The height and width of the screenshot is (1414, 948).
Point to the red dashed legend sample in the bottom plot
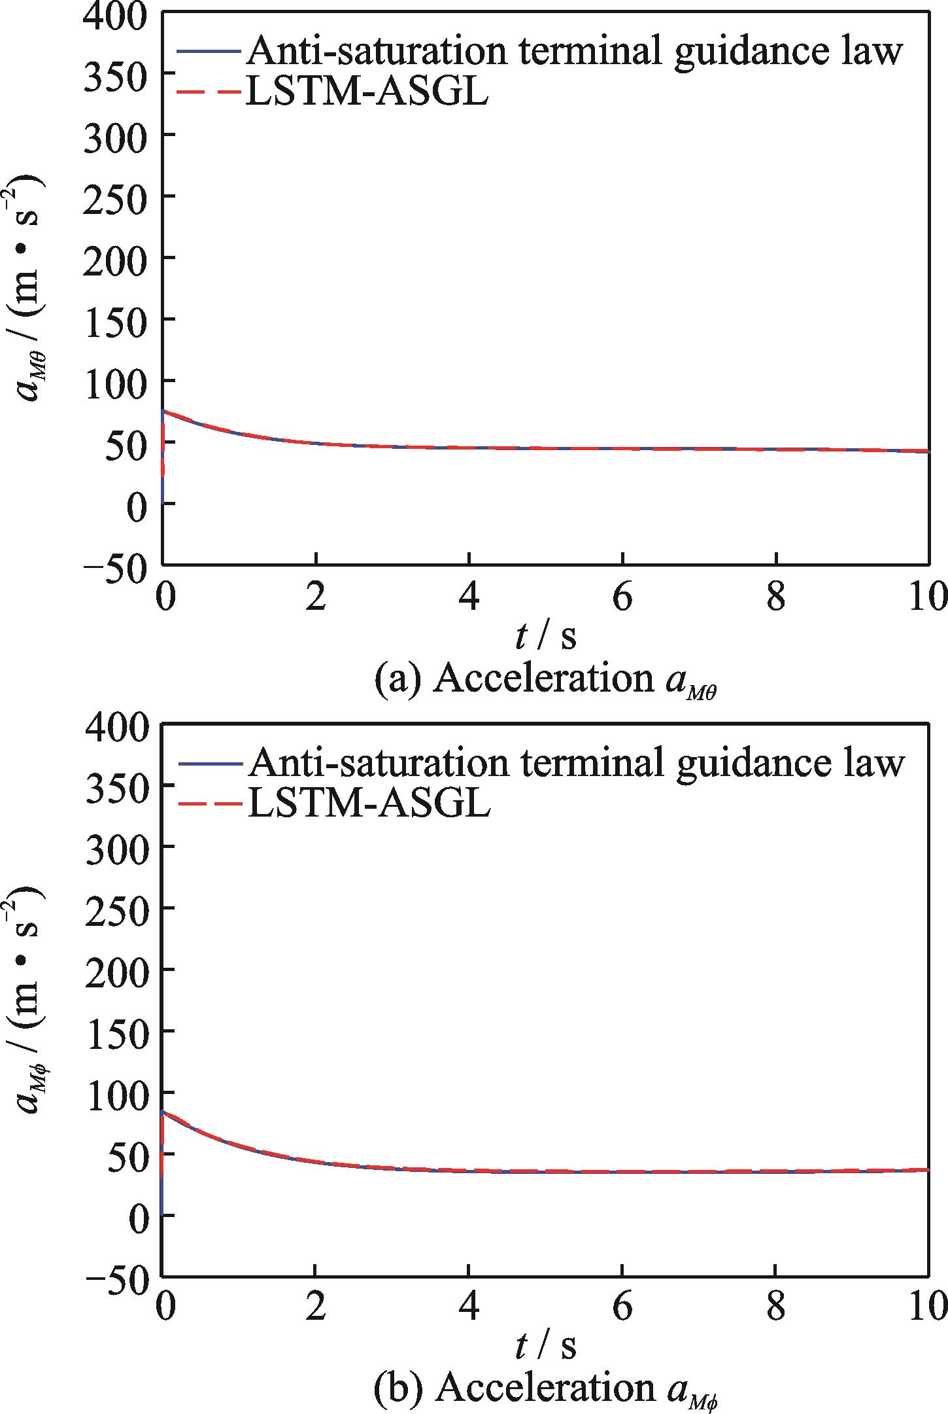pyautogui.click(x=210, y=804)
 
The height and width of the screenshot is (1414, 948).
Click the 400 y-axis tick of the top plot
pyautogui.click(x=115, y=14)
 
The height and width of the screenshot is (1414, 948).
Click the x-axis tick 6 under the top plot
pyautogui.click(x=622, y=597)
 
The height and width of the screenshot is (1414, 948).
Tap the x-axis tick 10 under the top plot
pyautogui.click(x=927, y=597)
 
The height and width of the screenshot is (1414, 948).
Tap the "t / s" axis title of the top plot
pyautogui.click(x=545, y=636)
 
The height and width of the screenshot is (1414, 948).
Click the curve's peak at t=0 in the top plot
pyautogui.click(x=163, y=411)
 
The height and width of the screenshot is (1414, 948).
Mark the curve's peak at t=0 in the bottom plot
pyautogui.click(x=163, y=1112)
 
